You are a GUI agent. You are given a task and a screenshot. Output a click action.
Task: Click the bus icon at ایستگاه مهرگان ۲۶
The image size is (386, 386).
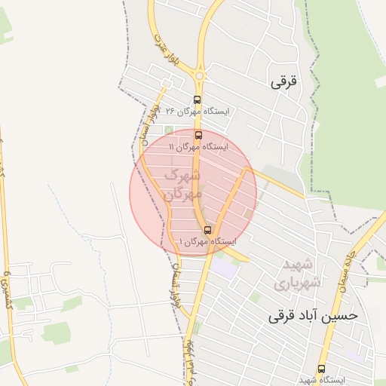pos(198,100)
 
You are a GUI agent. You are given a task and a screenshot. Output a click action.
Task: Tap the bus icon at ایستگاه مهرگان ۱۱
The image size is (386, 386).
pos(199,136)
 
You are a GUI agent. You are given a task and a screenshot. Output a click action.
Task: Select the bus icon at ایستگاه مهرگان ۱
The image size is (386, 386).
pos(207,230)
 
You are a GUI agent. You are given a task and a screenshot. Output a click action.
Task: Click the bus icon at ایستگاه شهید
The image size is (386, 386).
pos(322,369)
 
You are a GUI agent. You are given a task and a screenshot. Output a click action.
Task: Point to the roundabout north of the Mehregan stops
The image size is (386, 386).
pos(200,75)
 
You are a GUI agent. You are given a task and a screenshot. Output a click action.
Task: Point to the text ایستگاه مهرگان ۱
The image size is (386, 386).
pos(207,241)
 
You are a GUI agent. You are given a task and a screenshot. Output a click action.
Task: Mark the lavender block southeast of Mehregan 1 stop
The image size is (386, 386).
pos(223,267)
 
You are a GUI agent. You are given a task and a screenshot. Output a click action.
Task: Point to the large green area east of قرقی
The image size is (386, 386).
pos(347,113)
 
